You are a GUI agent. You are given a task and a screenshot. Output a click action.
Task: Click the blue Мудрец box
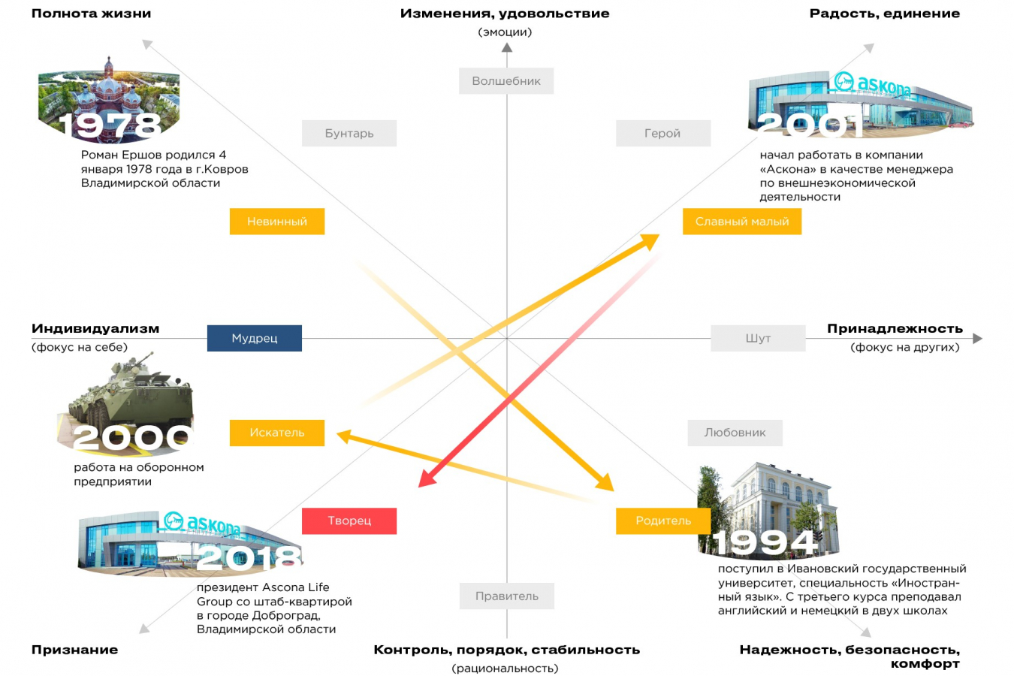254,338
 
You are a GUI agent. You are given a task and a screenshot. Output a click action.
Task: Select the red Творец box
349,521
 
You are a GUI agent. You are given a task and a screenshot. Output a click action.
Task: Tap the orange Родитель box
662,521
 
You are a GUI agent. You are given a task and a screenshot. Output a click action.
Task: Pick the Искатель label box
276,433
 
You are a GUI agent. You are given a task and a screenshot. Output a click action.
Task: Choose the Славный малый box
741,222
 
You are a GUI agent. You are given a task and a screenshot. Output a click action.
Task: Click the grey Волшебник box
505,81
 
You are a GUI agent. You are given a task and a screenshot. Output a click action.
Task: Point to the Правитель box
506,596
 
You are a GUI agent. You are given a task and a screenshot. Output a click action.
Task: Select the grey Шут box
757,338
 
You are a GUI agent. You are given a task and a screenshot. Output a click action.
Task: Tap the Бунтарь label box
349,133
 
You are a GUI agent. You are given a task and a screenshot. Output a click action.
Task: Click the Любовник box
735,433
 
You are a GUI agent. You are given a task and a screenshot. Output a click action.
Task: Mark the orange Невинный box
276,222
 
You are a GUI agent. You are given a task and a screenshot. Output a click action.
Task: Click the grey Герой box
662,133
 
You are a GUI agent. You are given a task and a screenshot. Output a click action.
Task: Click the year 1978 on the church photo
110,125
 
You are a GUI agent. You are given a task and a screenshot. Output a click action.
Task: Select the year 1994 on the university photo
765,542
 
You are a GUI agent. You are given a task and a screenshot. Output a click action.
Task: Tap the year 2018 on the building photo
249,557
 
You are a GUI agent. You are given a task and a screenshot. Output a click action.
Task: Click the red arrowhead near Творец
427,478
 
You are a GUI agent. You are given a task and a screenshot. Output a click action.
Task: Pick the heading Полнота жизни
91,14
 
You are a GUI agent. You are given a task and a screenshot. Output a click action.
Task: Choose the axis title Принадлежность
894,328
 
